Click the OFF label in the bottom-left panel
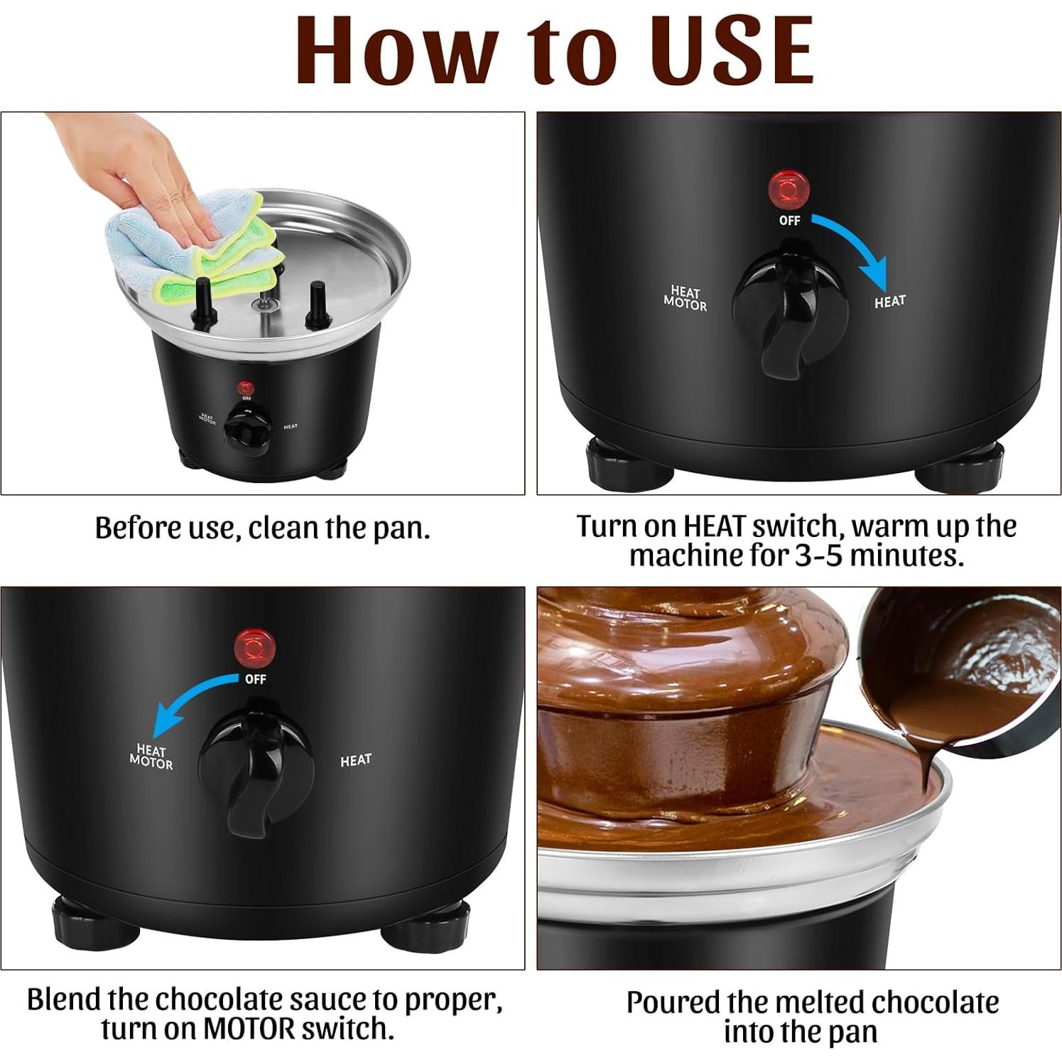[x=255, y=679]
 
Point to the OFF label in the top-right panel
[x=789, y=221]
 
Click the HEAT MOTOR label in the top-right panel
[x=685, y=298]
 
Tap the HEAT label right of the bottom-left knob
[x=355, y=760]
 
